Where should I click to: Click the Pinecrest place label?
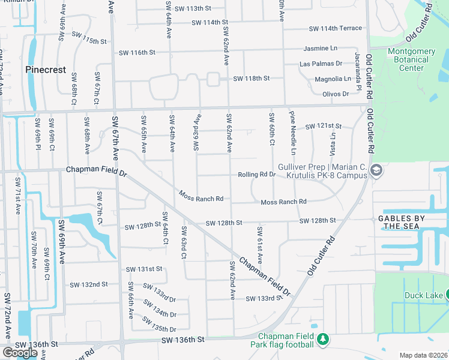(46, 70)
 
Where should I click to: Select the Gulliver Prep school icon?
(376, 170)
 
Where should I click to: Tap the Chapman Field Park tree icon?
(323, 340)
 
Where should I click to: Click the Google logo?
(20, 353)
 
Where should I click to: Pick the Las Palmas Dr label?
(321, 64)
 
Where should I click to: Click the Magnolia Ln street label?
(333, 79)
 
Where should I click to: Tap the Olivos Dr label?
(336, 94)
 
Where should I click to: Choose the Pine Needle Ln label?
(293, 132)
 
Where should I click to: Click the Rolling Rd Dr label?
(256, 175)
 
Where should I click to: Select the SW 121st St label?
(323, 127)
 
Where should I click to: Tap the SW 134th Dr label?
(160, 314)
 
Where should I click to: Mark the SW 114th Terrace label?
(336, 28)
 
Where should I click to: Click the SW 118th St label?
(252, 79)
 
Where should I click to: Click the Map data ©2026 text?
(423, 355)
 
